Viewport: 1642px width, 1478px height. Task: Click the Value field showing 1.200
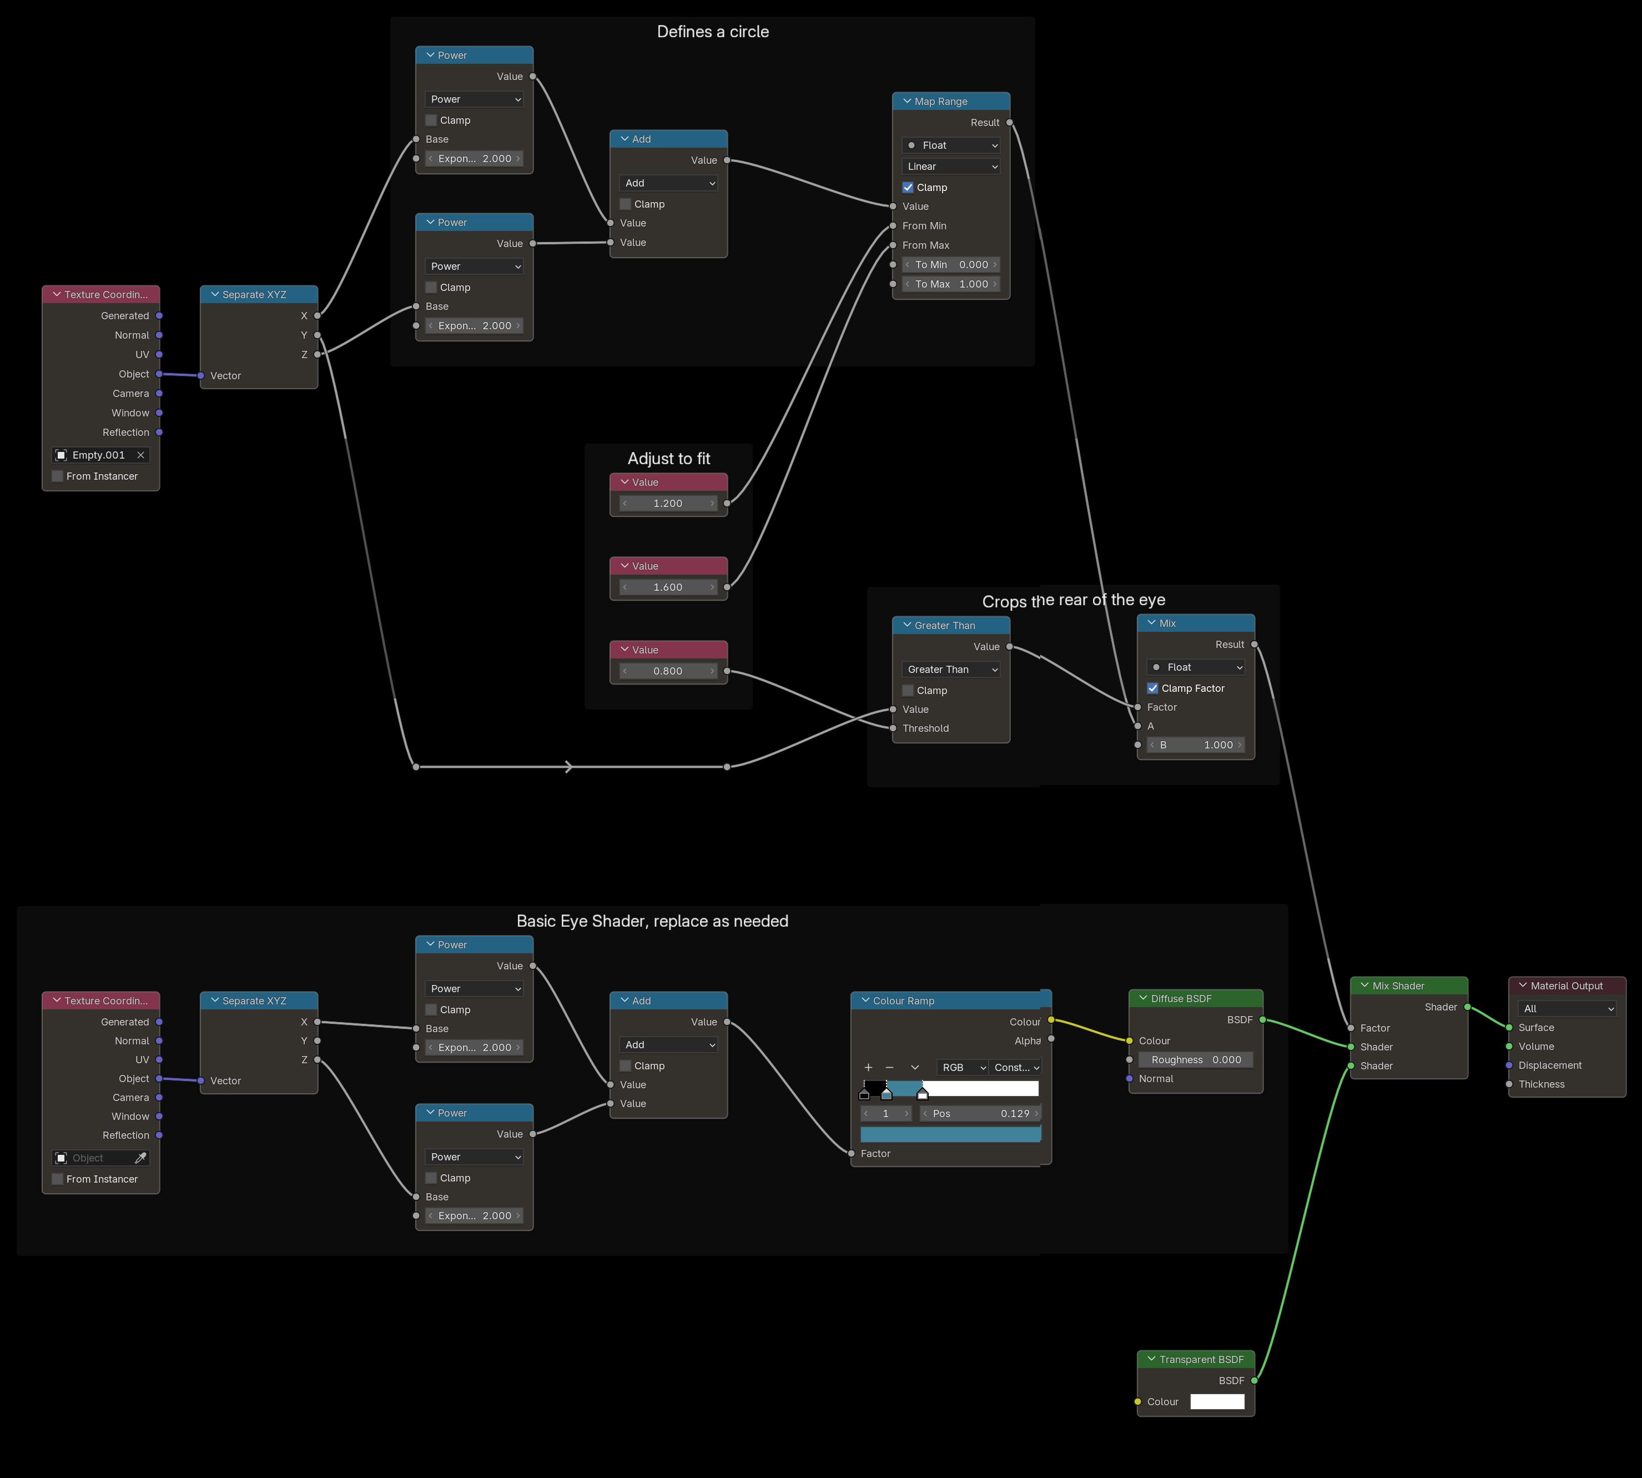(x=668, y=504)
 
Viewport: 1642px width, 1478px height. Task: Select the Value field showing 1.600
(x=668, y=587)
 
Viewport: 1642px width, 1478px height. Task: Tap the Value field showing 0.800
(x=668, y=671)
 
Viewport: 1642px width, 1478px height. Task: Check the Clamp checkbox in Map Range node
(x=908, y=188)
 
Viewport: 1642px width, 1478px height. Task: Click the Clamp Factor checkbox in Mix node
(x=1152, y=688)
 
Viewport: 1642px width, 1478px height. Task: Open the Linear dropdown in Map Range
(x=951, y=167)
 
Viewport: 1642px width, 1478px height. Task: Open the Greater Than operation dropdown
(x=951, y=669)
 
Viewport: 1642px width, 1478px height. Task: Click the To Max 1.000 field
(x=951, y=284)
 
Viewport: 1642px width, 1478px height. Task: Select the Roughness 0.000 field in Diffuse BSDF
(x=1195, y=1060)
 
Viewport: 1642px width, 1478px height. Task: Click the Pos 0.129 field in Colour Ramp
(x=980, y=1113)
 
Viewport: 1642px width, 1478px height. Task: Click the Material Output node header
(x=1567, y=986)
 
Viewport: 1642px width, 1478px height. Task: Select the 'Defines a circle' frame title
(x=713, y=32)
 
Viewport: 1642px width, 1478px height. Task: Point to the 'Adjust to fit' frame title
(x=669, y=459)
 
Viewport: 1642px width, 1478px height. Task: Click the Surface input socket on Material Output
(x=1509, y=1027)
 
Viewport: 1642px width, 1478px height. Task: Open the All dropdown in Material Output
(x=1567, y=1009)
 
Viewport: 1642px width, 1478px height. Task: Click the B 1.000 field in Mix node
(x=1195, y=745)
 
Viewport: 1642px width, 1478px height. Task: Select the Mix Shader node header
(x=1409, y=986)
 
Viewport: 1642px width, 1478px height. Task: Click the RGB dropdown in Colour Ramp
(x=963, y=1067)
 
